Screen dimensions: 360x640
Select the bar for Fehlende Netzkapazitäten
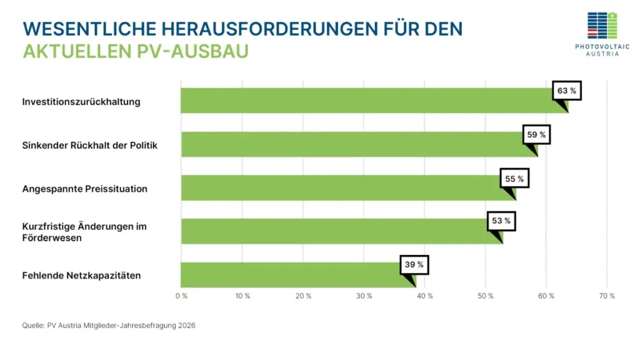tap(294, 275)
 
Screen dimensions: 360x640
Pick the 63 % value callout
tap(566, 91)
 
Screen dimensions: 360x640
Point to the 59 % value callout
tap(536, 134)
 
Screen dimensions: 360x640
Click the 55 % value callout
tap(514, 179)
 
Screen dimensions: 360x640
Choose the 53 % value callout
tap(501, 221)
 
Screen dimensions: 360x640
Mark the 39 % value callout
tap(414, 264)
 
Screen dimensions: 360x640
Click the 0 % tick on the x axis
tap(181, 296)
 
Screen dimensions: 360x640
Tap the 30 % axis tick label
tap(364, 296)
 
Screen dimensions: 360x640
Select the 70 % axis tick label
tap(607, 296)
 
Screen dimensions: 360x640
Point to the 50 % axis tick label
tap(486, 296)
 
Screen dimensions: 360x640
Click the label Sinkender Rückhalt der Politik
tap(90, 145)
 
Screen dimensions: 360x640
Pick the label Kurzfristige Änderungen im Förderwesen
tap(84, 232)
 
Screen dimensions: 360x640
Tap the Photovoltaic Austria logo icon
tap(602, 26)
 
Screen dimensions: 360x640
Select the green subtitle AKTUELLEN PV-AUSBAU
tap(136, 51)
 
